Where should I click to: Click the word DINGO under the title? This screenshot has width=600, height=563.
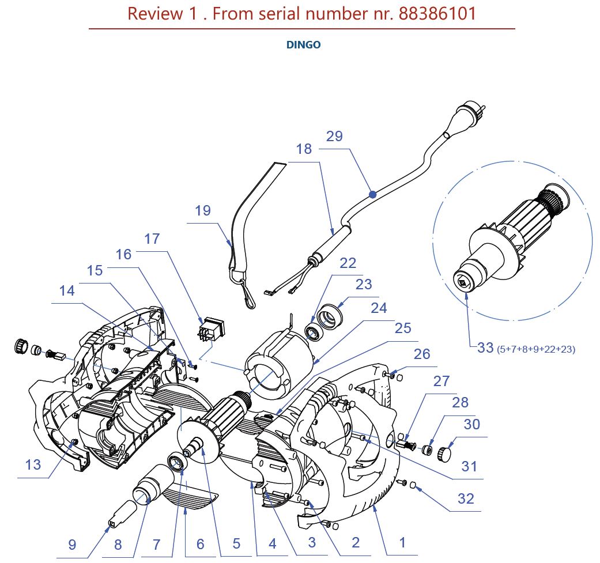tap(303, 45)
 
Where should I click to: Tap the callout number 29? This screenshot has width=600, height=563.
tap(334, 137)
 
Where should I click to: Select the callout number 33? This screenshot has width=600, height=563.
tap(485, 347)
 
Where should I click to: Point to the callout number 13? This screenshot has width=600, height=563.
tap(33, 464)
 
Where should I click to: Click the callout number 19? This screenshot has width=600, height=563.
tap(203, 211)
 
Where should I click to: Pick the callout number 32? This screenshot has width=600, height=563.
tap(466, 498)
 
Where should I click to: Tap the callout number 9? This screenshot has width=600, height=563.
tap(72, 544)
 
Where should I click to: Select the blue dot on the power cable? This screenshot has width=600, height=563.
tap(373, 195)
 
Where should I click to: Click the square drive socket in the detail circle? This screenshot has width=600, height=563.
tap(463, 283)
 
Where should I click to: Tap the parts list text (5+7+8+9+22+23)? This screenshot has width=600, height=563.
tap(536, 349)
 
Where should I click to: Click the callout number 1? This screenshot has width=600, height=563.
tap(403, 542)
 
